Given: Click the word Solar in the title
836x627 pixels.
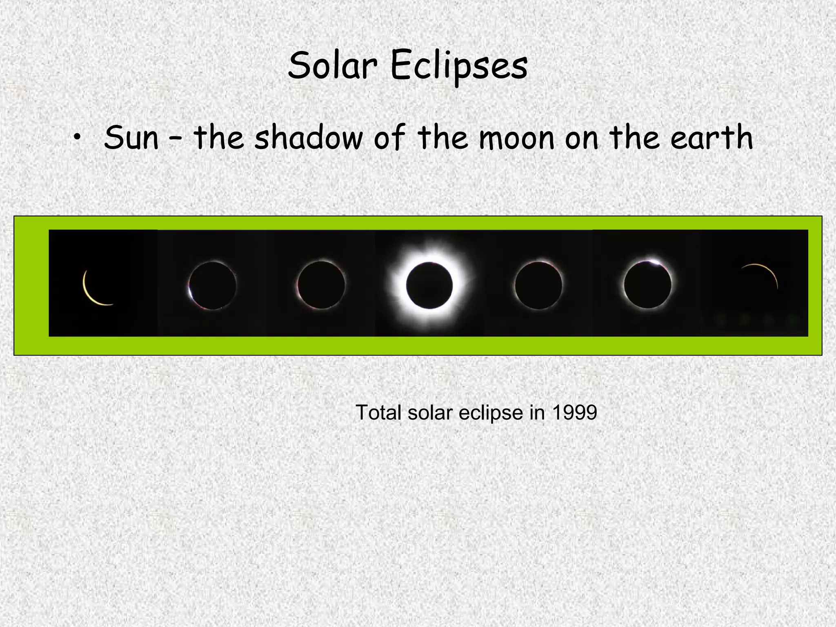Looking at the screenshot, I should pos(332,66).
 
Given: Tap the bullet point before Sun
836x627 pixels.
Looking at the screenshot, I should pos(76,139).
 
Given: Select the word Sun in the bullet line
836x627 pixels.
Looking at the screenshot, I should pos(131,138).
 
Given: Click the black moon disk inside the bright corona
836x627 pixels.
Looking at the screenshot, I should pos(429,285).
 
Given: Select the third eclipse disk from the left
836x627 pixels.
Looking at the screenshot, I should pos(321,285).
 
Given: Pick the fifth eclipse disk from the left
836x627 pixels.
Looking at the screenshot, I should pos(538,285).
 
